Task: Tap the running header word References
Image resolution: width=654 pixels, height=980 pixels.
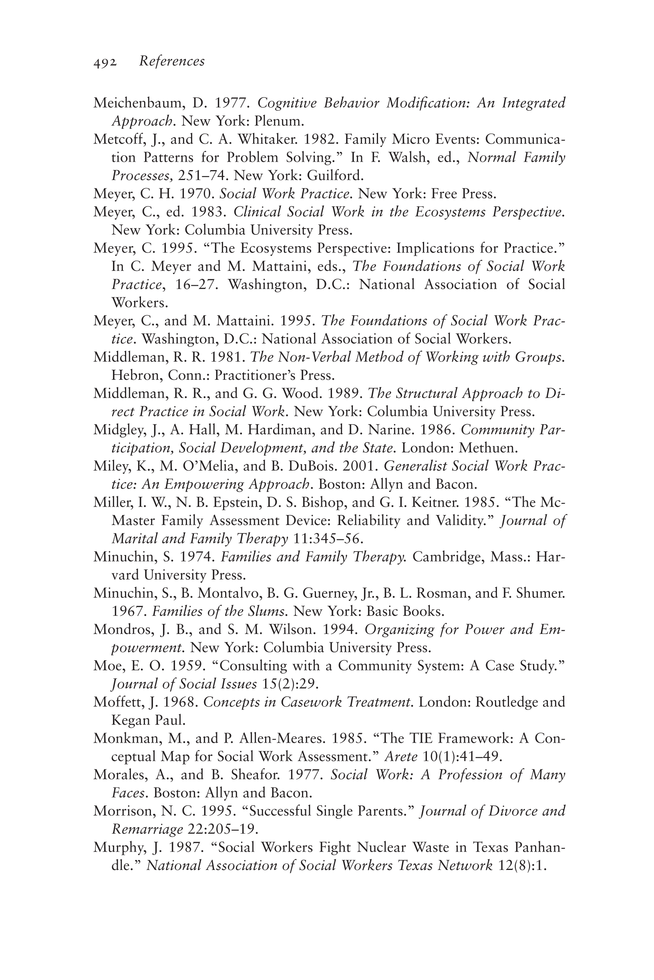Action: point(172,61)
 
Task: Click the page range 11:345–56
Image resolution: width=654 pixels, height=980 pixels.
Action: point(328,539)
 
